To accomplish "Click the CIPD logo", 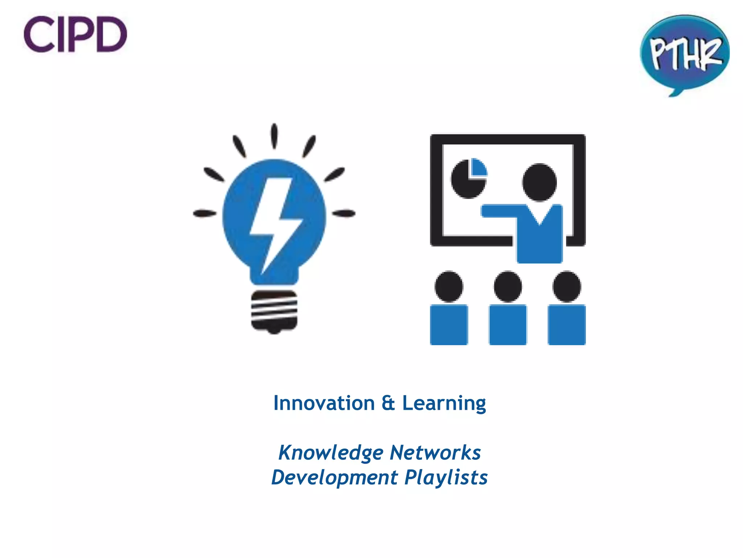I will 75,34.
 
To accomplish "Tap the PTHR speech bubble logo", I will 685,53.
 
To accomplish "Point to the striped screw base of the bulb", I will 274,311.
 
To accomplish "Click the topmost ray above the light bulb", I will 274,136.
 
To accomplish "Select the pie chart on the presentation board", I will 468,178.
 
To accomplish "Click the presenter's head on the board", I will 539,182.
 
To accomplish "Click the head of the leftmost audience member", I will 449,286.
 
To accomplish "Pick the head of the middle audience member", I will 508,286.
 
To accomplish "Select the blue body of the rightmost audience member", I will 566,325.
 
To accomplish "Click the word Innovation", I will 324,403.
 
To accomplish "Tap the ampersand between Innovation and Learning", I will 388,403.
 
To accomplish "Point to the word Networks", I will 435,453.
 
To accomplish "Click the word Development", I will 334,477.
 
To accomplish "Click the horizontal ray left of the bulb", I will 205,213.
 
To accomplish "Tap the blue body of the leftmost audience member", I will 449,325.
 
